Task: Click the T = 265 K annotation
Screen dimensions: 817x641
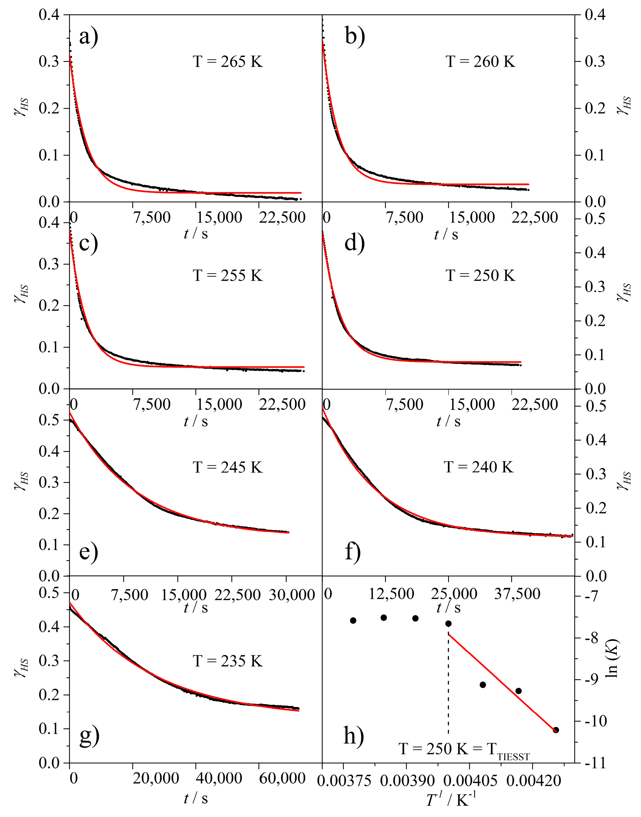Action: [227, 62]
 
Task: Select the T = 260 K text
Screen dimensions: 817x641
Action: [480, 62]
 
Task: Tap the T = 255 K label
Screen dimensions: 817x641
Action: [227, 275]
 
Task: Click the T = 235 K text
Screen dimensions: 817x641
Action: [227, 661]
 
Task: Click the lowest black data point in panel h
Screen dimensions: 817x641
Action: [556, 730]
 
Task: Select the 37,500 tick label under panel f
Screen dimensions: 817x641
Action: [517, 593]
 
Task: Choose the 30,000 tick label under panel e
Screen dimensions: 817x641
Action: [292, 595]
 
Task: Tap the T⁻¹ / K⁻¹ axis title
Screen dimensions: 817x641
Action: [451, 800]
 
